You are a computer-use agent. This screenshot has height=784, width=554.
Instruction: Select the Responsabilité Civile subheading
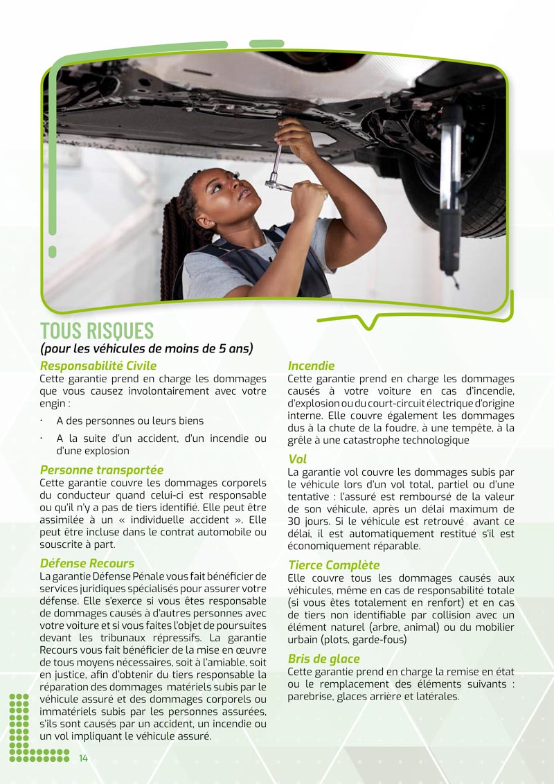98,366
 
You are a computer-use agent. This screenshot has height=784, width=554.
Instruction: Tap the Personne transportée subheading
102,470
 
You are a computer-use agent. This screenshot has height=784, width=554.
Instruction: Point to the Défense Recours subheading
87,563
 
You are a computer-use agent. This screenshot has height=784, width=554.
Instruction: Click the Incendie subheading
311,366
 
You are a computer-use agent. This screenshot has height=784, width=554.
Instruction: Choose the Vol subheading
297,459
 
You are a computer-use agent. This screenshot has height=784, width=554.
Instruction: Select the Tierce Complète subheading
334,565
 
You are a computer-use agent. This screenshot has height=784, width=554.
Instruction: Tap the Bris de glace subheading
324,659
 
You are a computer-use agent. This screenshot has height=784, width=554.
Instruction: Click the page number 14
83,758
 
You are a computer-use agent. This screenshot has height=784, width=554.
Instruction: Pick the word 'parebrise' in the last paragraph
310,696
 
